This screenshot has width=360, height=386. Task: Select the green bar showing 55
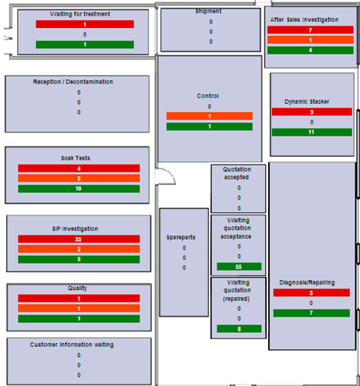238,267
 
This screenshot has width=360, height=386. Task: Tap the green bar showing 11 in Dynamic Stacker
311,132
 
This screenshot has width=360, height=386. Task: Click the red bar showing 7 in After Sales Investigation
310,30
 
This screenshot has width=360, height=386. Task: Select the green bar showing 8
238,328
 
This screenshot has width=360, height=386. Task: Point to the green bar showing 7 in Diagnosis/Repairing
311,313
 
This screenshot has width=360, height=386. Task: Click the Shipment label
209,12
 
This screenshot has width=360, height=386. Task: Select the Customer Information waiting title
77,344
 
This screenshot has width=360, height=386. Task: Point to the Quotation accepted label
238,172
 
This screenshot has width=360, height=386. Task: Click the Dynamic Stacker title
311,101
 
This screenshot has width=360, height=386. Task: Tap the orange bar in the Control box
209,116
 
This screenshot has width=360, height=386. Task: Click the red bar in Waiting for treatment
84,25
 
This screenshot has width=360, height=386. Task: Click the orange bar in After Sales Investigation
310,40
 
